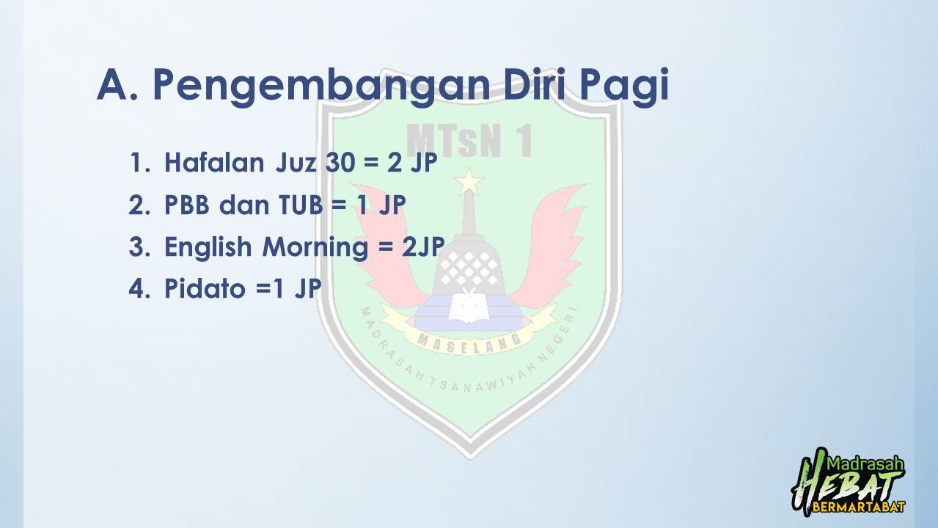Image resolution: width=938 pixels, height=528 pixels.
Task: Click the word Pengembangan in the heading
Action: (x=321, y=87)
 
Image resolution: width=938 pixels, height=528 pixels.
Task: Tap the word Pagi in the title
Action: (x=624, y=87)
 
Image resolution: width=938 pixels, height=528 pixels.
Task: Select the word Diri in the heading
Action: (x=534, y=84)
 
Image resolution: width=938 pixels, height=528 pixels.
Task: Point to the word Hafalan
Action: (x=214, y=162)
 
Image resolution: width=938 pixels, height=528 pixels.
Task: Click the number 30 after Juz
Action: (x=340, y=163)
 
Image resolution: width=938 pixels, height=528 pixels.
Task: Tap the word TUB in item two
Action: (x=301, y=205)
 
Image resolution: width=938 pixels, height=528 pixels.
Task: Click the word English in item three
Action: (x=208, y=247)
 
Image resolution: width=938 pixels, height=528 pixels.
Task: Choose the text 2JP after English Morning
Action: (x=423, y=246)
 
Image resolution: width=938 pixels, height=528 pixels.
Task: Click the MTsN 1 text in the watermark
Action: (x=469, y=140)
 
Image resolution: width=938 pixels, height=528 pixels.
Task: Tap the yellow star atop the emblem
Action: (x=469, y=181)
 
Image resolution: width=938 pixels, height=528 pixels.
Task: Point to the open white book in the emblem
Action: (x=469, y=307)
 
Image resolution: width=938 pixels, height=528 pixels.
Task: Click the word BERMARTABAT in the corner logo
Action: (x=859, y=507)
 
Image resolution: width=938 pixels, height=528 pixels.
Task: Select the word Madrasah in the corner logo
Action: (x=865, y=464)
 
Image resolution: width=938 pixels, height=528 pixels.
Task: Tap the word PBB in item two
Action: (x=187, y=205)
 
